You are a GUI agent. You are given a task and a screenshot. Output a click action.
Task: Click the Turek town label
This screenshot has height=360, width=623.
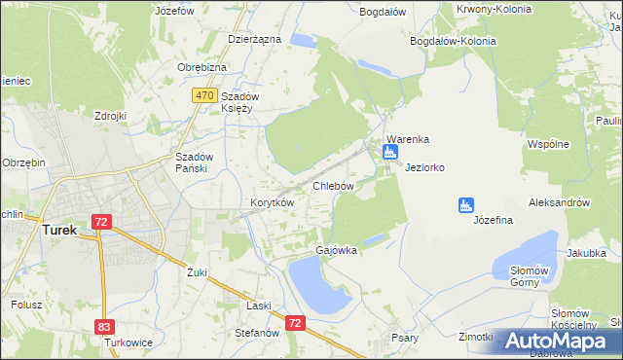click(x=60, y=231)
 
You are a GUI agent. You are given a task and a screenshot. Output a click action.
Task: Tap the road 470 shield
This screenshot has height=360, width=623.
click(x=203, y=95)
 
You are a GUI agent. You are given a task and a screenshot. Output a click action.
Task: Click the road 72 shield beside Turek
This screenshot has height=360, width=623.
click(x=101, y=222)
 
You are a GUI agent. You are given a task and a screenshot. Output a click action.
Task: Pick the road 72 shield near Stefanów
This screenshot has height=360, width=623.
click(x=296, y=320)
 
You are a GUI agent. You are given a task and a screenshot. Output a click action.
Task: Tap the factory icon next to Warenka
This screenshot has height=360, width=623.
click(x=390, y=152)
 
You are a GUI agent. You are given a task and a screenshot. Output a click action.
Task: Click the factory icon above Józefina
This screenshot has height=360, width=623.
click(x=465, y=204)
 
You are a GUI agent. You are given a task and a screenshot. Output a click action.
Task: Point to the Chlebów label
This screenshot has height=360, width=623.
click(x=332, y=185)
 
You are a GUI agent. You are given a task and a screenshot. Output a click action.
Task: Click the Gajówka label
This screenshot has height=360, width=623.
click(x=336, y=250)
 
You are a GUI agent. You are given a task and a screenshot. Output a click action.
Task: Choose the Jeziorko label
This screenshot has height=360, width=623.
click(x=425, y=167)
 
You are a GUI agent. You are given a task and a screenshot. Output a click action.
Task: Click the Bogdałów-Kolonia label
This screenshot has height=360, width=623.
click(x=454, y=42)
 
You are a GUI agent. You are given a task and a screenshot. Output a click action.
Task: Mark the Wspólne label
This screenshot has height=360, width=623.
click(x=547, y=144)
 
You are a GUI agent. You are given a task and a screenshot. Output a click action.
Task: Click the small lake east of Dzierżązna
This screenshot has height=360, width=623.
click(x=303, y=41)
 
